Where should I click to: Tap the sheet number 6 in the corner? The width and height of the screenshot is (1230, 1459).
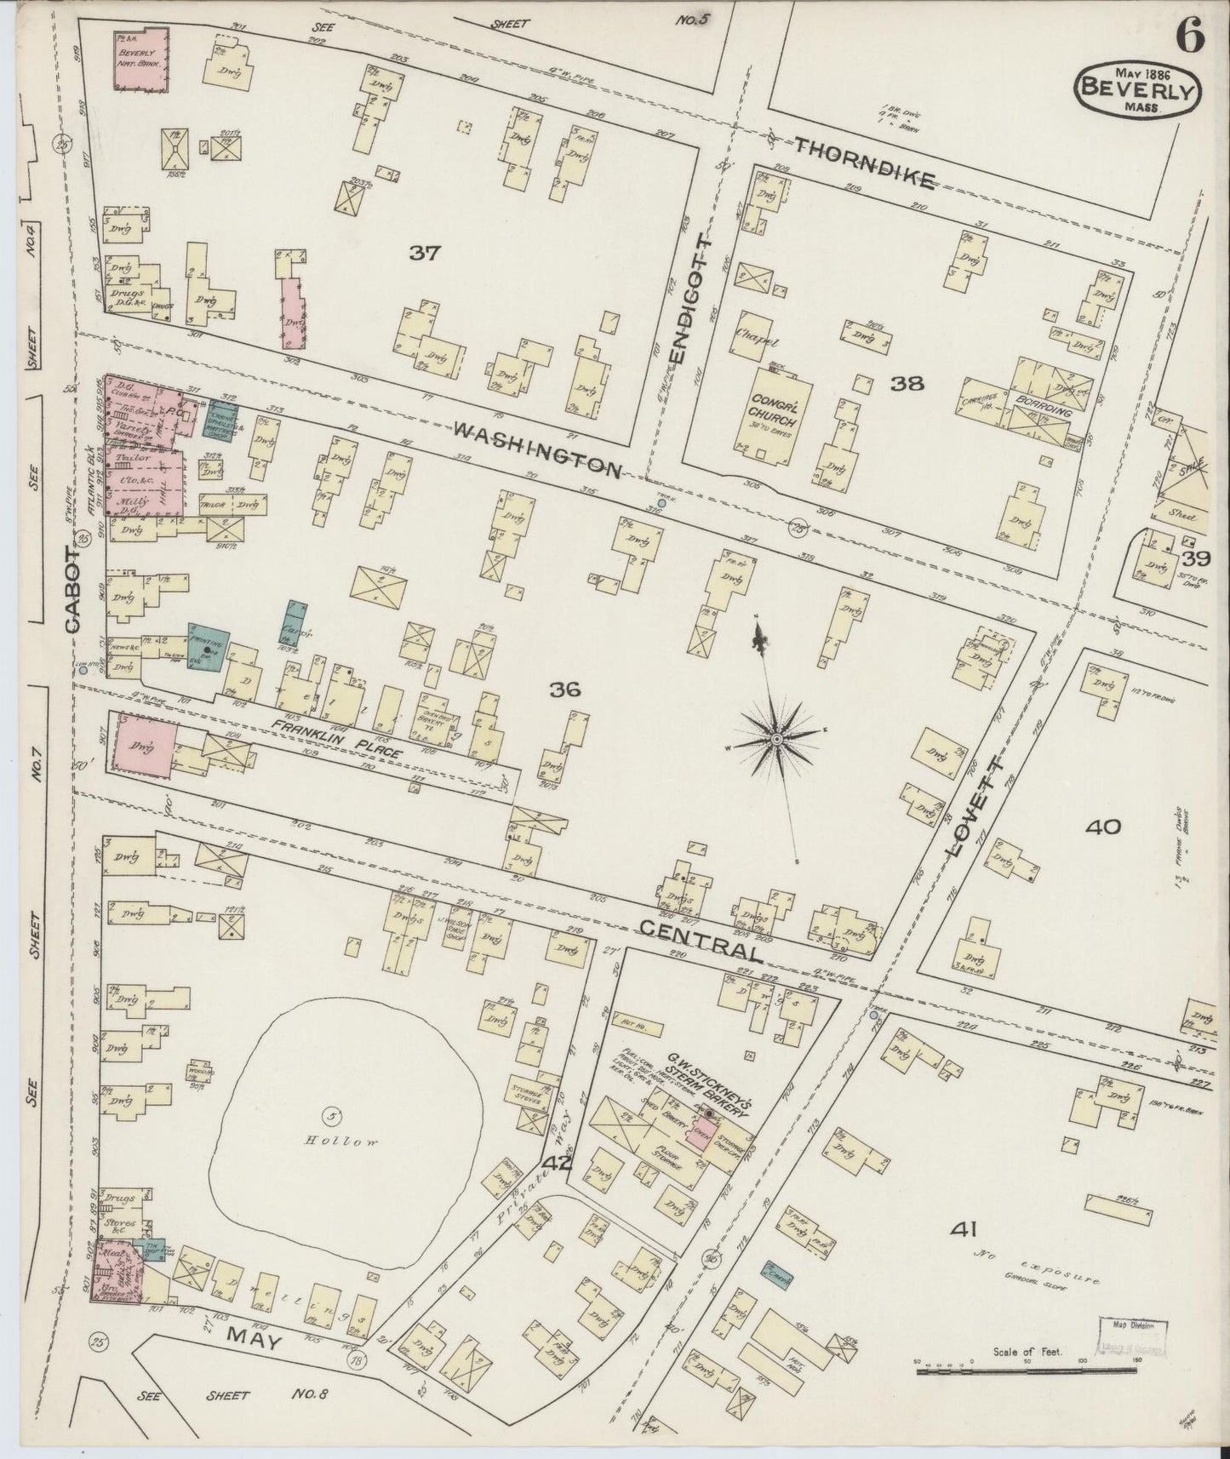click(x=1189, y=37)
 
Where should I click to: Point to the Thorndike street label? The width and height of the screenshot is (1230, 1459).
click(x=865, y=164)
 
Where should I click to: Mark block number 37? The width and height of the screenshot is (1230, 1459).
click(x=424, y=253)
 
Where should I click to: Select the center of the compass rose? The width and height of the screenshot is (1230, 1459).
click(x=776, y=741)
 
